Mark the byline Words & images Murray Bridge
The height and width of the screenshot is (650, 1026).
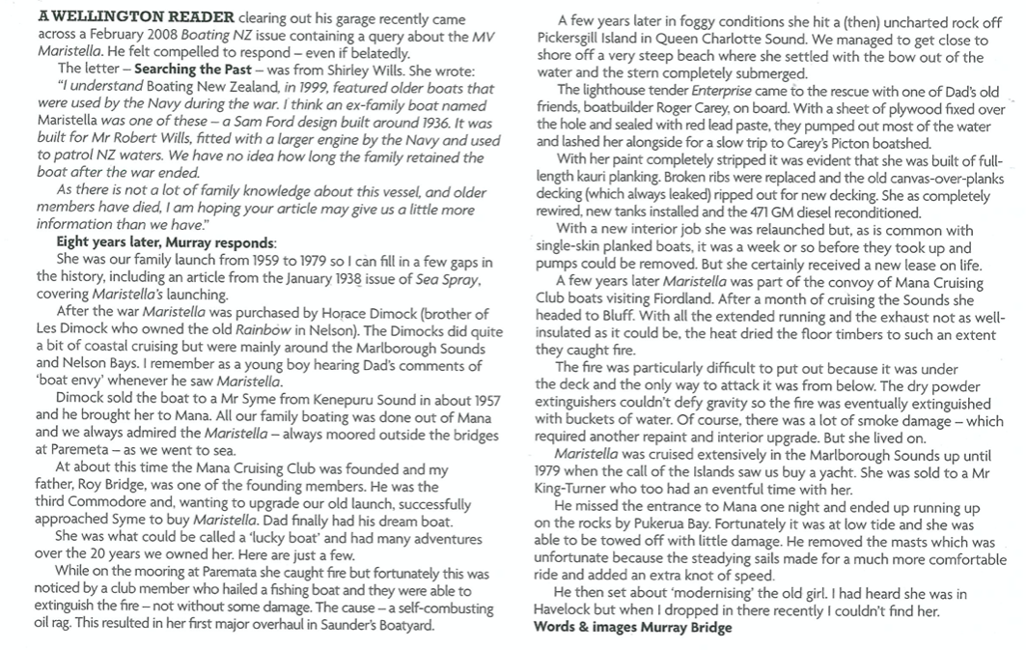coord(632,628)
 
